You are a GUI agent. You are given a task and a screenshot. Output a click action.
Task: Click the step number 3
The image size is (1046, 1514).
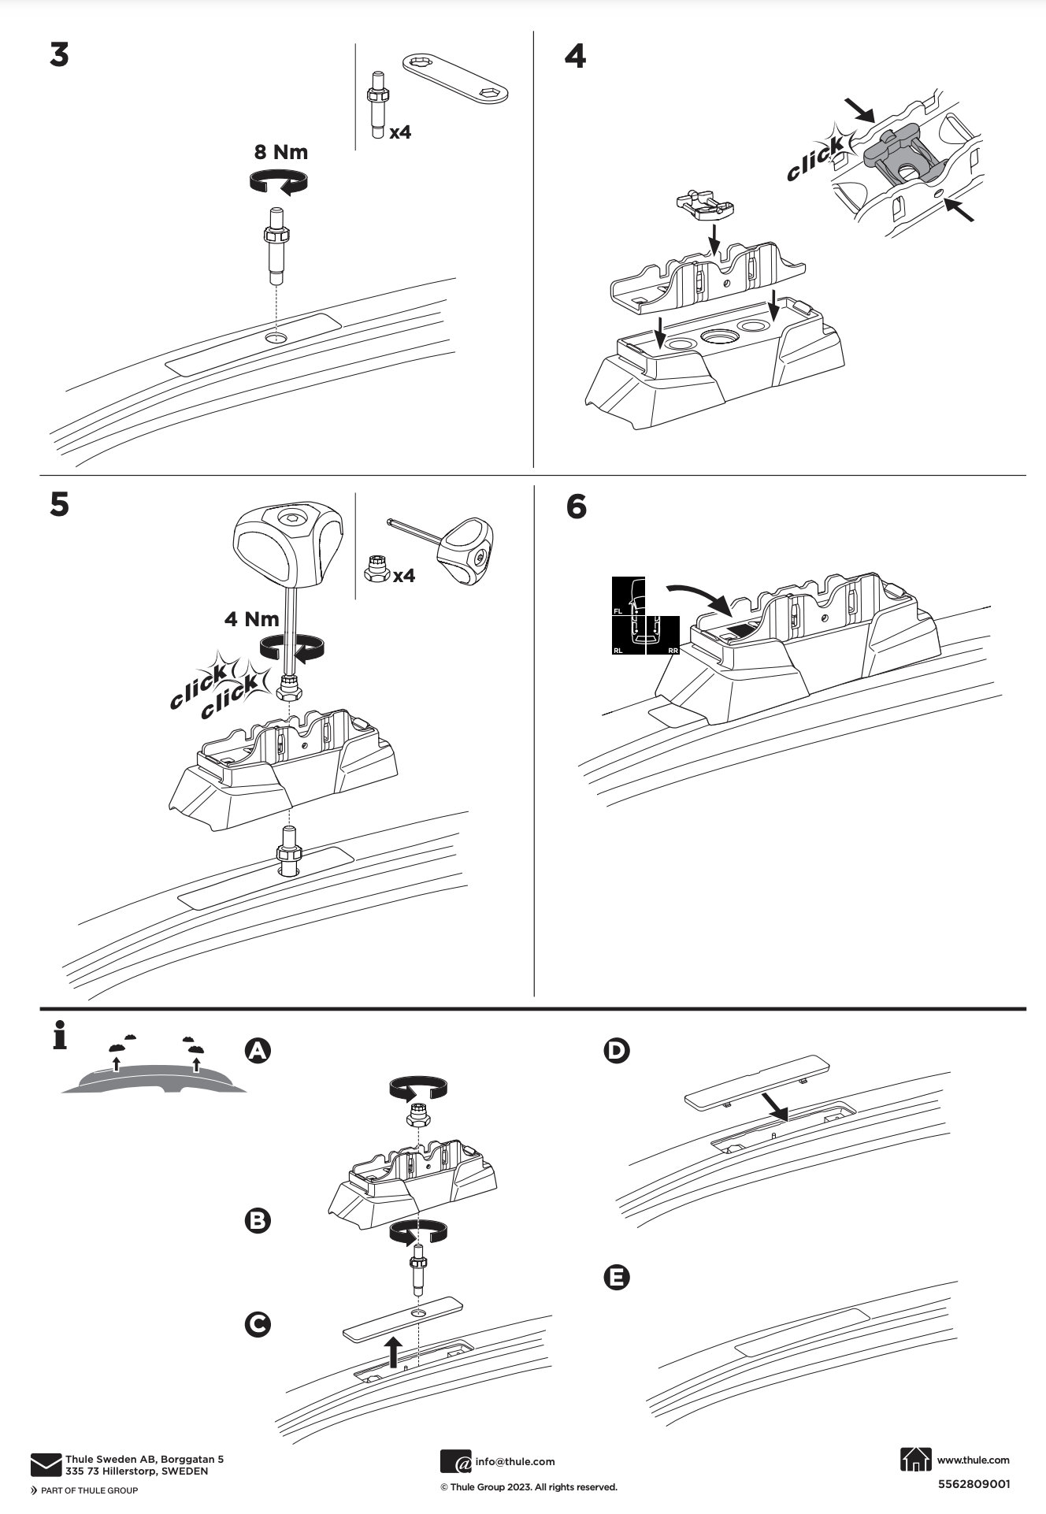coord(59,55)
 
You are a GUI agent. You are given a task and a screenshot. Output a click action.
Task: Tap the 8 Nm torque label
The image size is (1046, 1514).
coord(280,151)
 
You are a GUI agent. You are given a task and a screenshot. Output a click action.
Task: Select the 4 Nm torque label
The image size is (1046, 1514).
coord(251,618)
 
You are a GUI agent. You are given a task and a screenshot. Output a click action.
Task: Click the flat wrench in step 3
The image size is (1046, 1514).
coord(456,78)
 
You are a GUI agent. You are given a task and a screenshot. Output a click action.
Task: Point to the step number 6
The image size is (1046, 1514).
coord(577,507)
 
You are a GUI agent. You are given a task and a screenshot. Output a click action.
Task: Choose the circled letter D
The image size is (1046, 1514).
coord(616,1050)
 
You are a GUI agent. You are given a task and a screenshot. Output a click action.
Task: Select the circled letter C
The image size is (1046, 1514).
coord(258,1324)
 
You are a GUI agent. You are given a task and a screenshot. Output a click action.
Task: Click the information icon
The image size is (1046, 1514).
coord(59,1035)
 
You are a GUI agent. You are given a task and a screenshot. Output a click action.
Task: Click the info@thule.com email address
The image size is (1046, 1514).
coord(514,1461)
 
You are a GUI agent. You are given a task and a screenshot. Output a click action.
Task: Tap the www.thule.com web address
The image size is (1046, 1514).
coord(973,1460)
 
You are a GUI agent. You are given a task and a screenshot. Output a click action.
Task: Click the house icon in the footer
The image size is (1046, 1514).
coord(914,1459)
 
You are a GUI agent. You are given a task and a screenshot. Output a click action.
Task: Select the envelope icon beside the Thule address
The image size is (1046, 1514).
coord(46,1464)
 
